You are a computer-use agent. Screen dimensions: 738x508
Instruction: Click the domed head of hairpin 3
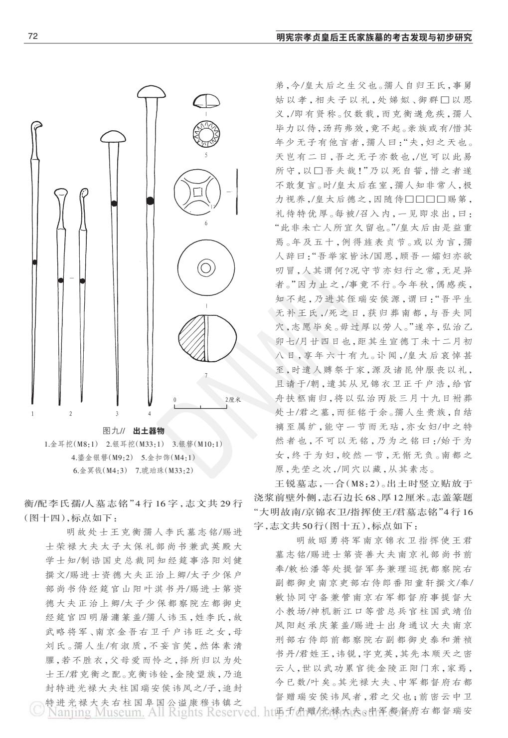pyautogui.click(x=115, y=137)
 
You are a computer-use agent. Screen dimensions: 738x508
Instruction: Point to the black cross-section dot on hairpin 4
pyautogui.click(x=150, y=201)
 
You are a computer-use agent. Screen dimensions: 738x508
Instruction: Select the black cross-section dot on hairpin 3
pyautogui.click(x=114, y=203)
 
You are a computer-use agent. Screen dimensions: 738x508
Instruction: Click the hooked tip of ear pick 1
pyautogui.click(x=36, y=126)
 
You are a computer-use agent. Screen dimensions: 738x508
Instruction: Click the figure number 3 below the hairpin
pyautogui.click(x=117, y=413)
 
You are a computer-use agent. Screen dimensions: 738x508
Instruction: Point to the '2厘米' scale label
pyautogui.click(x=233, y=400)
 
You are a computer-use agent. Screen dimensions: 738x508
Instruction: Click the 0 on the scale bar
pyautogui.click(x=175, y=400)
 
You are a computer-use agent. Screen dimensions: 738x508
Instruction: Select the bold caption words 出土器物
pyautogui.click(x=149, y=430)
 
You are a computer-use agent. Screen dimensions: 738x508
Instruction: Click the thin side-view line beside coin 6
pyautogui.click(x=237, y=191)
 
